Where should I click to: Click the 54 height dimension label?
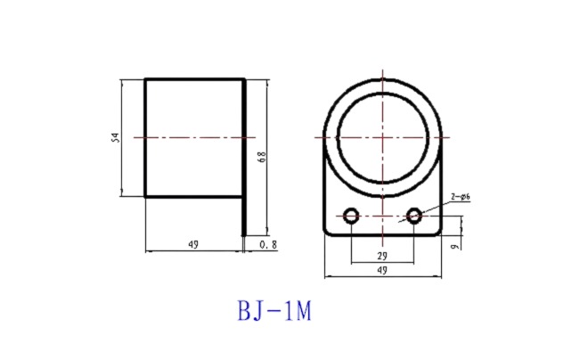116,138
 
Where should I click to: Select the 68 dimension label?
262,157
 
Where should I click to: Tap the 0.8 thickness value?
268,244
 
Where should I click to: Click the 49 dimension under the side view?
193,244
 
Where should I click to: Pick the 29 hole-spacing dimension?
382,256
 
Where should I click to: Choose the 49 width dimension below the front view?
382,270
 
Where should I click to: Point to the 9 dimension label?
455,246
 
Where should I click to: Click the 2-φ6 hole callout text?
461,197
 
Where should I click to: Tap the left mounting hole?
351,216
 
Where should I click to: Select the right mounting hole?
414,216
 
